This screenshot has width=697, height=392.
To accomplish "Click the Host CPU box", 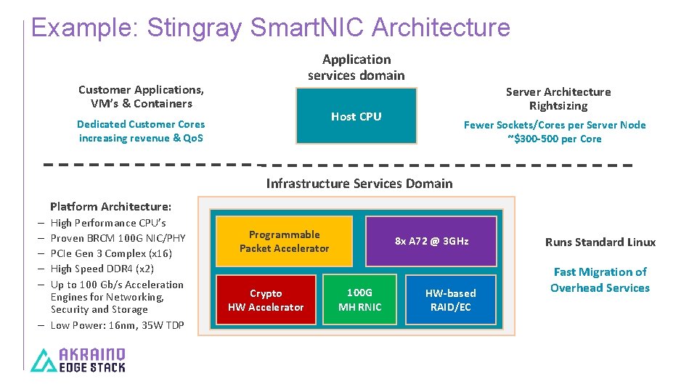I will coord(356,116).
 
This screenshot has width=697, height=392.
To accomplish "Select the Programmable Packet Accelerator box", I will coord(284,242).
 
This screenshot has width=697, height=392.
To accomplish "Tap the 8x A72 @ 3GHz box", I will coord(431,241).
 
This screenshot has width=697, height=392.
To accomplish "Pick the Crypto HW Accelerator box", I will coord(266,300).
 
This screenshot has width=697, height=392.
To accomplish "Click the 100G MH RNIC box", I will coord(359,299).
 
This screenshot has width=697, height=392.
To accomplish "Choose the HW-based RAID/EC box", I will coord(450,300).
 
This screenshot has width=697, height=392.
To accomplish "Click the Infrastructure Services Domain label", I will coord(359,184).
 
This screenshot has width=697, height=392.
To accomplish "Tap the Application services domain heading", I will coord(356,68).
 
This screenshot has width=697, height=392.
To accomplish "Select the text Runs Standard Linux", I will coord(600,242).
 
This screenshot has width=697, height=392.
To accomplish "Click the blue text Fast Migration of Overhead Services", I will coord(600,280).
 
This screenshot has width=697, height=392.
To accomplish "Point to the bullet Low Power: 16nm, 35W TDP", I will coord(117,325).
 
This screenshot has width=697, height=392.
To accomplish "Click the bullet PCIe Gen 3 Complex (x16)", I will coord(111,253).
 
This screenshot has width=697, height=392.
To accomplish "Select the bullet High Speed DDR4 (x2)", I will coord(102,269).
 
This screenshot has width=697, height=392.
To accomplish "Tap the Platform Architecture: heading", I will coord(110,207).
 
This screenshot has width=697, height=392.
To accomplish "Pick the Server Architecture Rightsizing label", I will coord(558,99).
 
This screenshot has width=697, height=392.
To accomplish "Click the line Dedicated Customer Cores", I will coord(141,124).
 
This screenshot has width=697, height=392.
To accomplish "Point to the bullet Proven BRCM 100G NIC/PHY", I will coord(118,238).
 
